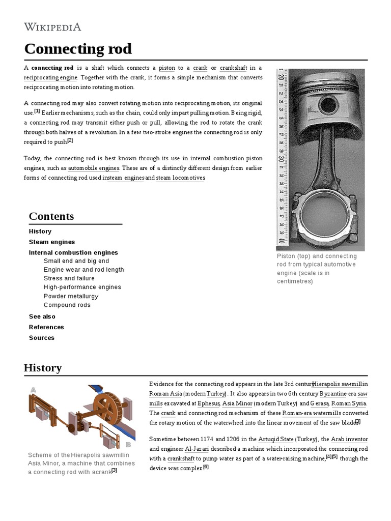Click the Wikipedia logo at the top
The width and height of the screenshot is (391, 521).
52,27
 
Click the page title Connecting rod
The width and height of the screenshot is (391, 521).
78,49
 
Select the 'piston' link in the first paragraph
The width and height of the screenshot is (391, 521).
166,68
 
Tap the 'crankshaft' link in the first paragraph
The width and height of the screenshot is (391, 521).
233,68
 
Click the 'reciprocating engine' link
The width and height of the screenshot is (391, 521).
50,77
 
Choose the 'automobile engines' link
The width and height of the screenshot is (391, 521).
94,168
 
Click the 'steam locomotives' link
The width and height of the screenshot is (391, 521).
180,178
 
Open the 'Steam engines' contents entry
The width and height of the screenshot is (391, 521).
52,242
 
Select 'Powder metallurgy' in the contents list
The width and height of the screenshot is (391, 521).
71,296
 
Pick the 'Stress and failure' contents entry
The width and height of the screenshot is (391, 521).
69,278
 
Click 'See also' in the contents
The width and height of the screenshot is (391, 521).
42,316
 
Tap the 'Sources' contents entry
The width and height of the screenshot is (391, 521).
42,338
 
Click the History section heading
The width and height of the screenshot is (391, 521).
43,368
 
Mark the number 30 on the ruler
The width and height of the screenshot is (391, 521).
282,159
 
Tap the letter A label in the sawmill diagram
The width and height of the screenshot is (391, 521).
33,390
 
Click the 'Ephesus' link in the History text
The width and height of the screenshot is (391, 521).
208,403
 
